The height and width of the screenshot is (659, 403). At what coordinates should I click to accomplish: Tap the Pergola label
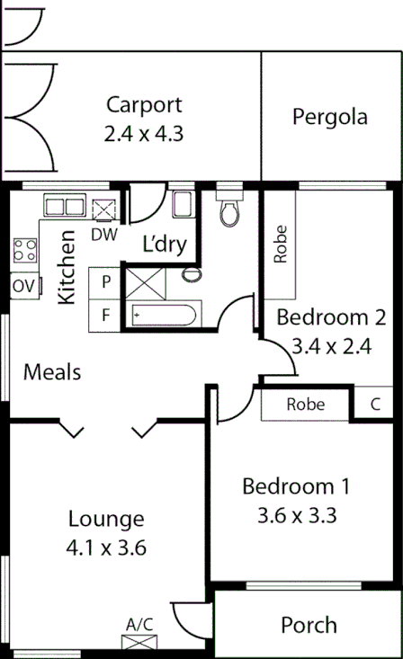pos(330,117)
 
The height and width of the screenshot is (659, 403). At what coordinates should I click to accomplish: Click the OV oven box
pos(22,287)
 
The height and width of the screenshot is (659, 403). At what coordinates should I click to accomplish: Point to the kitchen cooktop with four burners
pos(24,250)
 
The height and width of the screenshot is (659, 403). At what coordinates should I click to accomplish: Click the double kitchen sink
pos(64,206)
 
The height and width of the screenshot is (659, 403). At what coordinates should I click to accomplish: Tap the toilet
pos(230,209)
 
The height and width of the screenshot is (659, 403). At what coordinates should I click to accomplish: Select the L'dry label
pos(164,244)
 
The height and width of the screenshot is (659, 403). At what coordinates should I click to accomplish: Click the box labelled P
pos(105,281)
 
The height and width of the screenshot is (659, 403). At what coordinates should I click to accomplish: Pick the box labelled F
pos(105,316)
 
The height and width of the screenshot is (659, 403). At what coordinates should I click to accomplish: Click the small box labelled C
pos(375,405)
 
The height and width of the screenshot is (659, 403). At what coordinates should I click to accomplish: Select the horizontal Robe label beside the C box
pos(305,405)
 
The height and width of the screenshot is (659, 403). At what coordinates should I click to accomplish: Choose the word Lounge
pos(106,519)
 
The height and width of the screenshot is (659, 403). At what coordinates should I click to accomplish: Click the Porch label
pos(309,625)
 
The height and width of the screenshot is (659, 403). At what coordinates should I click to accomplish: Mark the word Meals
pos(52,371)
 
